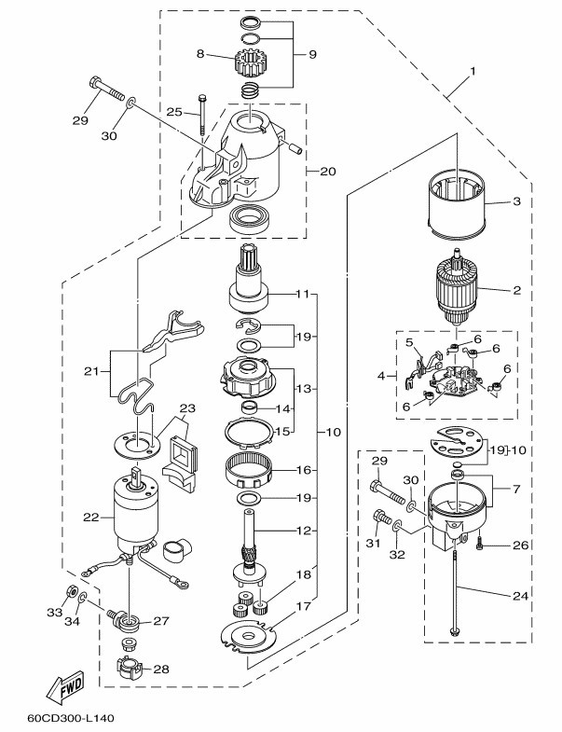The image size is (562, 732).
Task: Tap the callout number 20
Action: (328, 172)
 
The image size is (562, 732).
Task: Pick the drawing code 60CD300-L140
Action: (71, 718)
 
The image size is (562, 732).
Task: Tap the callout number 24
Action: (520, 596)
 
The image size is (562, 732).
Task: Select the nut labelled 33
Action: (71, 591)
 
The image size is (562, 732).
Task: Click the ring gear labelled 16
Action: (249, 471)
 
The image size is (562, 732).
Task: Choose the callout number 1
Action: (473, 72)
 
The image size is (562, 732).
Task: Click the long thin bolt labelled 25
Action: (202, 116)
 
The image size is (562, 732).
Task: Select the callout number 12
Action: (304, 531)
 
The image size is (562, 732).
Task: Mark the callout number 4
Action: (382, 376)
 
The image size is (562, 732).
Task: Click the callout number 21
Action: (91, 372)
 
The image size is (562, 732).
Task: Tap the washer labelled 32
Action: (397, 526)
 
